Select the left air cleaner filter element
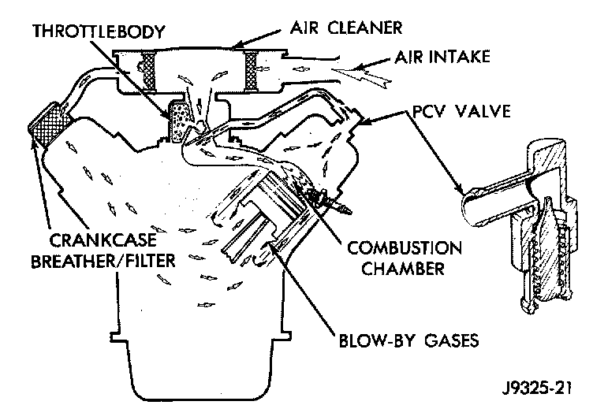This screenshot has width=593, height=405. (x=147, y=69)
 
